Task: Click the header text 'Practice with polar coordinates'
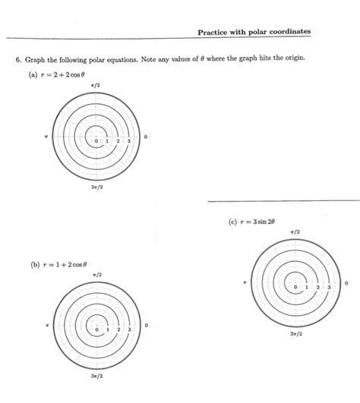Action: tap(254, 32)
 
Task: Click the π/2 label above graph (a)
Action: tap(95, 87)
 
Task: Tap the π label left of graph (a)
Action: tap(46, 137)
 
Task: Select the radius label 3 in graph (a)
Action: tap(129, 142)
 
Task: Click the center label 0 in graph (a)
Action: tap(96, 142)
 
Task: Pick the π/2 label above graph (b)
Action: tap(96, 274)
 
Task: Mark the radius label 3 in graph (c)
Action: tap(329, 288)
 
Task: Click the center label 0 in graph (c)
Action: tap(295, 288)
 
